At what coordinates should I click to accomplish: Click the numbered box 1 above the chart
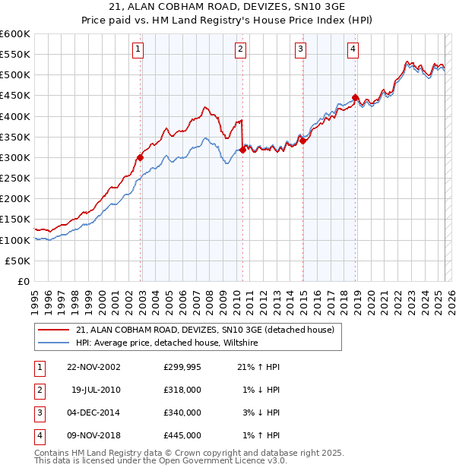pos(138,50)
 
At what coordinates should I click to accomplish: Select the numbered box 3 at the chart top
pos(300,50)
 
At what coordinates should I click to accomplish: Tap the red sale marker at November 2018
pos(356,97)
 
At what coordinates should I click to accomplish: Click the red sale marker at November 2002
pos(141,157)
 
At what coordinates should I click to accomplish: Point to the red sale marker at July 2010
pos(242,150)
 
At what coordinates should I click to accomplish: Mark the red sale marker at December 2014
pos(302,141)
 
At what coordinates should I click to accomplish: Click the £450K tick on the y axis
pos(15,96)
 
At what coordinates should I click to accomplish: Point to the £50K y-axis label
pos(17,261)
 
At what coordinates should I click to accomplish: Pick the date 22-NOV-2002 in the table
pos(93,367)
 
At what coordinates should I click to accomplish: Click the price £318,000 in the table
pos(182,390)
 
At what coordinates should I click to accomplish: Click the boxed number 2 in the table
pos(37,390)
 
